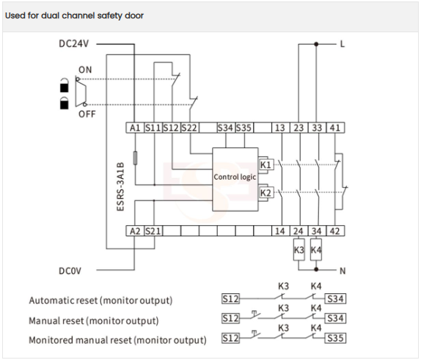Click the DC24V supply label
point(73,43)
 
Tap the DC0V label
point(70,271)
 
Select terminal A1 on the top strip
point(135,128)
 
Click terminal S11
point(153,128)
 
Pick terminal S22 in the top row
point(189,128)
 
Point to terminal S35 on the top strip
point(244,128)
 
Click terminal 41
point(335,128)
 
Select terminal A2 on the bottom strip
point(135,231)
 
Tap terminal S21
point(153,231)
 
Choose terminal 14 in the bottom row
point(280,231)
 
